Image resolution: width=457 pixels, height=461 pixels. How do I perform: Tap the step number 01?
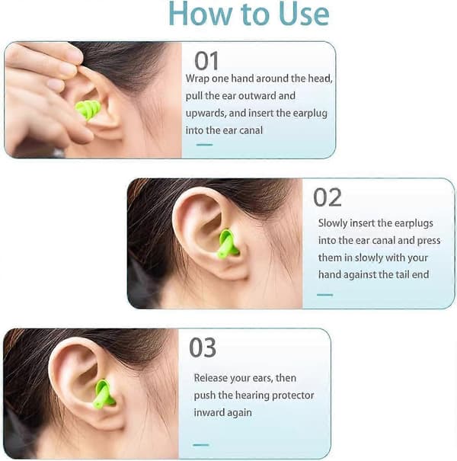click(206, 61)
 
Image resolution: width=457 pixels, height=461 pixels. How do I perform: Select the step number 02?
click(328, 197)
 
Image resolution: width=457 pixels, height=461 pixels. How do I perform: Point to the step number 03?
click(203, 347)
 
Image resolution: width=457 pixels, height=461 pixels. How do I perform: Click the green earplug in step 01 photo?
click(88, 110)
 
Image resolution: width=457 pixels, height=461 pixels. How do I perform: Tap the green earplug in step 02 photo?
click(228, 244)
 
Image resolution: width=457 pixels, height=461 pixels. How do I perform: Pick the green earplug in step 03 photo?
click(104, 394)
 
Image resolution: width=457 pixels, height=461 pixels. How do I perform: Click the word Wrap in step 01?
click(197, 79)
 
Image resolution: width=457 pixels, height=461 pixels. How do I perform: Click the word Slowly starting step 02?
click(333, 223)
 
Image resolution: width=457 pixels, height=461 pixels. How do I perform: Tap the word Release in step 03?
click(210, 378)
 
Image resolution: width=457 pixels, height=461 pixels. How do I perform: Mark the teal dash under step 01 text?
click(205, 145)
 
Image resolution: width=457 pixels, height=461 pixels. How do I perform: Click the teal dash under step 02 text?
click(324, 295)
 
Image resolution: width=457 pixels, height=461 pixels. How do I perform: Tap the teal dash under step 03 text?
click(201, 445)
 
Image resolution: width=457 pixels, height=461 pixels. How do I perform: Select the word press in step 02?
click(429, 241)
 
